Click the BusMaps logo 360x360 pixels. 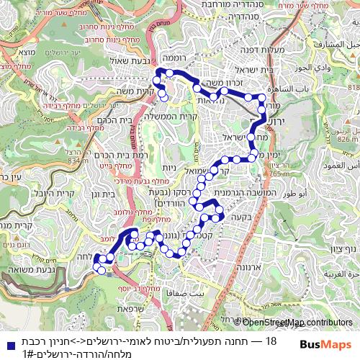pos(325,345)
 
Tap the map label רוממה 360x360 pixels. pos(174,56)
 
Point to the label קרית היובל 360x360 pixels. pos(51,194)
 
